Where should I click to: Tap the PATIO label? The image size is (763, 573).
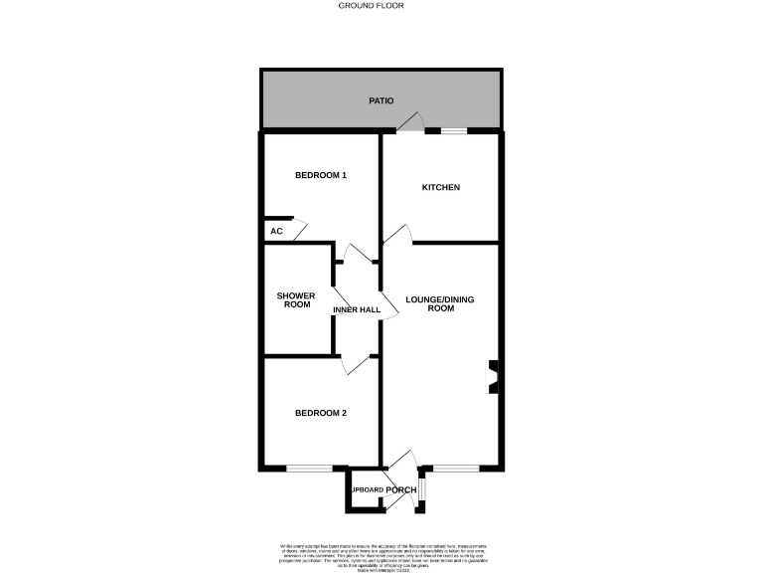(x=381, y=100)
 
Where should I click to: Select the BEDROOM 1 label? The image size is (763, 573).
(x=321, y=176)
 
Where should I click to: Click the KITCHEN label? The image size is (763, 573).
(x=441, y=187)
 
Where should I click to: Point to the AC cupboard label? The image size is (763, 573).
(x=277, y=231)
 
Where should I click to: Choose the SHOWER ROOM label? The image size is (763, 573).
(x=296, y=299)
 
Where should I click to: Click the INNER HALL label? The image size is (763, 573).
(x=357, y=310)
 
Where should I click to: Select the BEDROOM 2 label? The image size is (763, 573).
(x=321, y=413)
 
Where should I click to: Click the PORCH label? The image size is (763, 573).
(x=400, y=490)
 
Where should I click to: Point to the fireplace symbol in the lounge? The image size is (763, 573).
(x=493, y=379)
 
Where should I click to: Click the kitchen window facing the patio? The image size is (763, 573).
(x=455, y=130)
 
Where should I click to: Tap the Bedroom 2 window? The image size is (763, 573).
(x=309, y=468)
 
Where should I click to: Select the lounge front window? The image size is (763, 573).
(x=455, y=468)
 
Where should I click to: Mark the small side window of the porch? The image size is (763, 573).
(x=422, y=490)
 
